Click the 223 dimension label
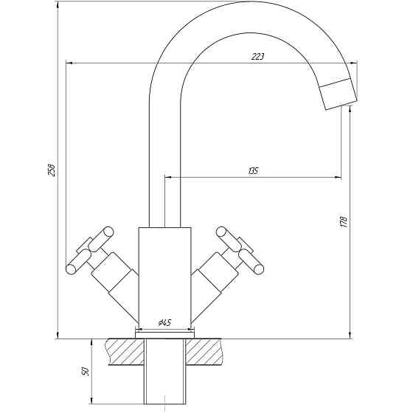point(257,56)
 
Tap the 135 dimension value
point(253,171)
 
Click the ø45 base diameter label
point(164,323)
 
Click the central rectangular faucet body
point(164,273)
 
